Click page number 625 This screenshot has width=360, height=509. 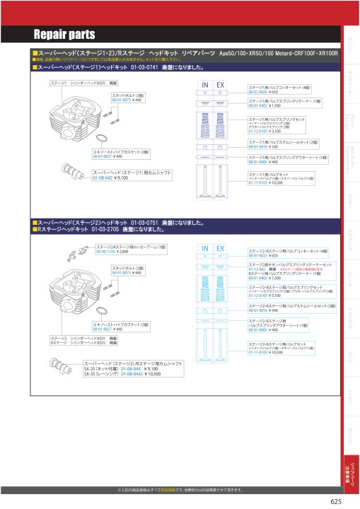[x=336, y=502]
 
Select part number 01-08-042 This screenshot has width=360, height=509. [x=103, y=179]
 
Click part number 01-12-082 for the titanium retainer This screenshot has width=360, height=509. [x=256, y=269]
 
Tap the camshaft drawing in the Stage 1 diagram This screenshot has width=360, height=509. [x=71, y=170]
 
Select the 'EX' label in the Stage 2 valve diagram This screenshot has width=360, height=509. [x=220, y=249]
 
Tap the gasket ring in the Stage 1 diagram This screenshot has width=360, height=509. [x=102, y=139]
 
